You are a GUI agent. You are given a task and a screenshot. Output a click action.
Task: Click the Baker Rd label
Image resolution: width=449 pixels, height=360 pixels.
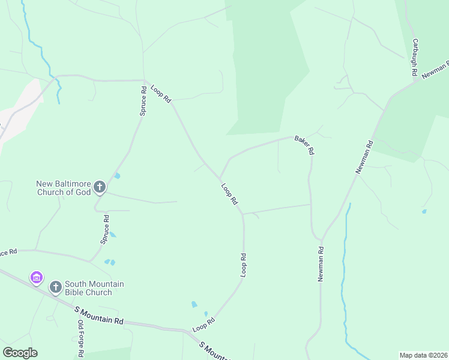pos(304,145)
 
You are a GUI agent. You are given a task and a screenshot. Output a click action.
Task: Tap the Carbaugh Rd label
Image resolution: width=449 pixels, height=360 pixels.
pos(414,58)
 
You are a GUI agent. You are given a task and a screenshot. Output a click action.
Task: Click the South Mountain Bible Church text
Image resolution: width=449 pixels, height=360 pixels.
pos(88,288)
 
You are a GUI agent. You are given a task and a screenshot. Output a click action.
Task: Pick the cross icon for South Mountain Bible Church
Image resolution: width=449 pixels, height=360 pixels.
pos(55,287)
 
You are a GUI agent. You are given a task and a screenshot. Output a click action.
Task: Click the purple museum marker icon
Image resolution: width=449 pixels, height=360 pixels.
pos(37,278)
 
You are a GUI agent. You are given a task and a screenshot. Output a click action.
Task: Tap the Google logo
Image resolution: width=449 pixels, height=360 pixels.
pos(19,353)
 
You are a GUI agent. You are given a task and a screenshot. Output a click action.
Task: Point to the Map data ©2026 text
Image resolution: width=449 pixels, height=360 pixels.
pos(423,355)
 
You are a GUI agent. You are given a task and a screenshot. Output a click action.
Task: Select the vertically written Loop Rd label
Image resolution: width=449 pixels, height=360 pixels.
pos(244,265)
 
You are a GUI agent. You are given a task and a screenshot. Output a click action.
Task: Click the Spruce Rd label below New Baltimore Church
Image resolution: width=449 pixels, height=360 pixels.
pos(106,229)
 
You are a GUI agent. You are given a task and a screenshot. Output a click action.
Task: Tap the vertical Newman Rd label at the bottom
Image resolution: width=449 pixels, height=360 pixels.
pos(321,265)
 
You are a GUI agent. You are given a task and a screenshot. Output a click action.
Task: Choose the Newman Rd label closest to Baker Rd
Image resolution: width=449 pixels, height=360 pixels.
pos(364,157)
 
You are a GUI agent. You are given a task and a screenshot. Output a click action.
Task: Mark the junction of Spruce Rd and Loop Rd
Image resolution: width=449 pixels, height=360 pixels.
pos(144,80)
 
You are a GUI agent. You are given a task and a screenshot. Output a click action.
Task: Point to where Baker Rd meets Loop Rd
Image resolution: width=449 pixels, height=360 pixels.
pos(220,178)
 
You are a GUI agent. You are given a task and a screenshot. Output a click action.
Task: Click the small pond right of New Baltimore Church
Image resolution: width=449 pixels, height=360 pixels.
pos(117,176)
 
